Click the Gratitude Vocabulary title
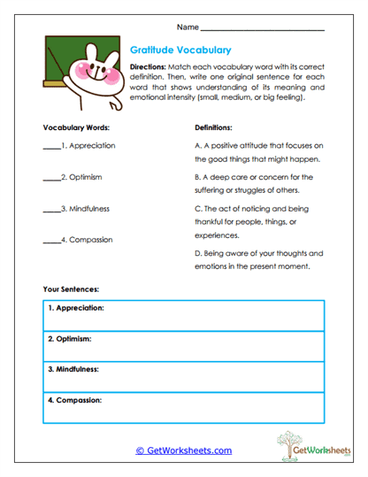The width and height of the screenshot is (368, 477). click(180, 50)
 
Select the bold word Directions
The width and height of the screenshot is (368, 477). click(147, 67)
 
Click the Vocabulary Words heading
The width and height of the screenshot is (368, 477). click(76, 127)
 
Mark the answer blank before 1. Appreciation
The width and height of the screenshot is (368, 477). click(50, 147)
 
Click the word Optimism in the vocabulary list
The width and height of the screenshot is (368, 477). click(85, 177)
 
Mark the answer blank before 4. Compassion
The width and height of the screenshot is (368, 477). click(50, 240)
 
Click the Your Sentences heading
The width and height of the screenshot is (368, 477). click(71, 289)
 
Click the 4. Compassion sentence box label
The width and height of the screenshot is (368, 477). click(74, 399)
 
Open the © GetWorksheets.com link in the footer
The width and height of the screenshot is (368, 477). click(184, 450)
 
